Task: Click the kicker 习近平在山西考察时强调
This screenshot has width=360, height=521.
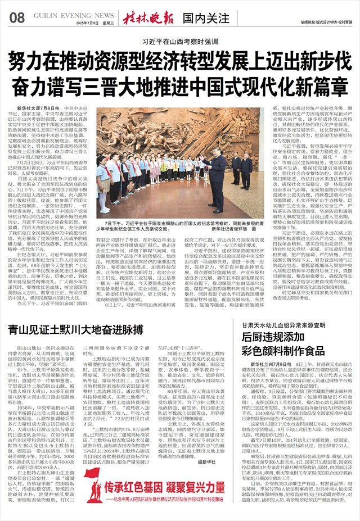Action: [179, 42]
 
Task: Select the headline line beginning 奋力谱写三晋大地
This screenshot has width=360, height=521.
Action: [179, 84]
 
